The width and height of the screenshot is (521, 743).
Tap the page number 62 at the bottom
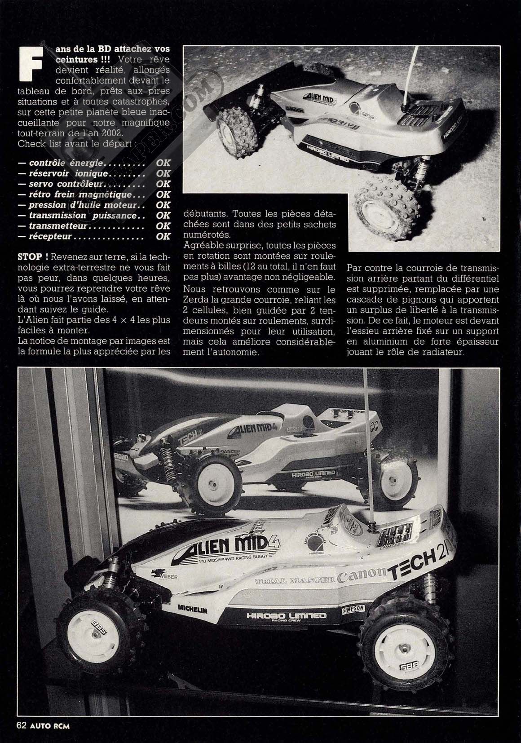click(x=22, y=725)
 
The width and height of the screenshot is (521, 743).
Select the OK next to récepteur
click(x=163, y=236)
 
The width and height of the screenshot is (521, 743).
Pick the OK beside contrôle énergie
click(x=163, y=163)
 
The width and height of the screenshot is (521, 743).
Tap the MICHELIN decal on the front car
click(x=192, y=610)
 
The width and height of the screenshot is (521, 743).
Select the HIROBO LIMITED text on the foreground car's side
click(x=286, y=616)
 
